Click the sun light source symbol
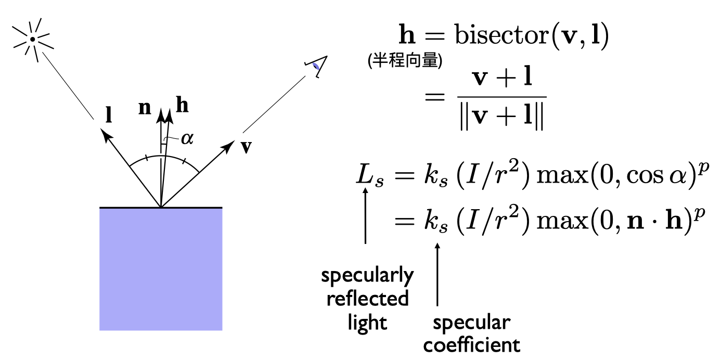coord(32,38)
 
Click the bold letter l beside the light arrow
coord(108,115)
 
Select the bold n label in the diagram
coord(145,108)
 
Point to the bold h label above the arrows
coord(182,106)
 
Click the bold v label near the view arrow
coord(246,147)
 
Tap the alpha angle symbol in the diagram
coord(186,138)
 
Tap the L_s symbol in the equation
coord(369,176)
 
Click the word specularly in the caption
coord(367,276)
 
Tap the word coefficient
coord(471,345)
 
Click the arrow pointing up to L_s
coord(366,216)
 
